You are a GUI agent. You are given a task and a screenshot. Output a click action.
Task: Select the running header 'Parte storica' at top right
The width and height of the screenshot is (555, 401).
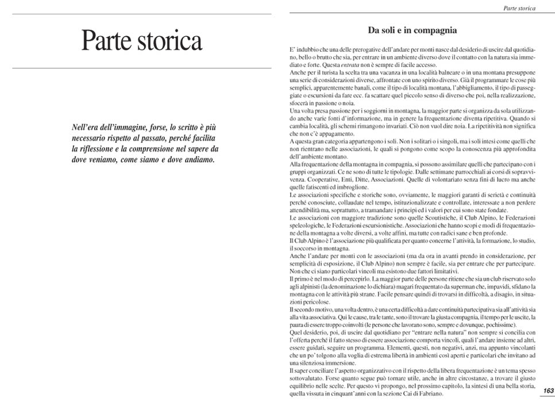(x=519, y=8)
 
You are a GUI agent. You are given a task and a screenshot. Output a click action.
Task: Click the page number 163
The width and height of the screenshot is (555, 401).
(x=548, y=391)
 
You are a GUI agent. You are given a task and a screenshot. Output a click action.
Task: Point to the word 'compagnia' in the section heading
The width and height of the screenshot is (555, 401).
(x=433, y=30)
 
